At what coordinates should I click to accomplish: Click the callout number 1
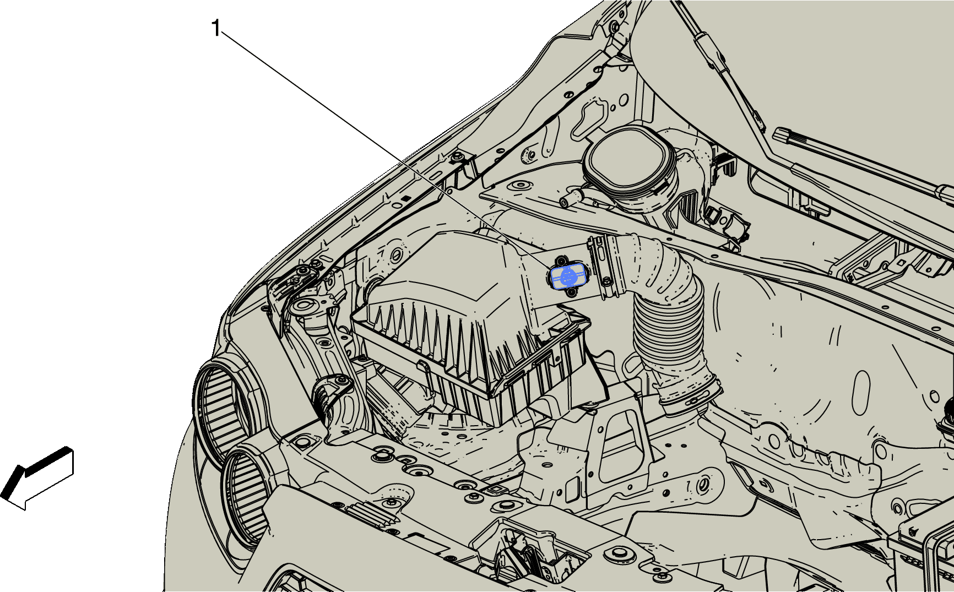coord(216,29)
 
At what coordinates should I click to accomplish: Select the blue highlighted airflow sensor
coord(567,276)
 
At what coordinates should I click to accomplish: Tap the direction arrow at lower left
coord(37,478)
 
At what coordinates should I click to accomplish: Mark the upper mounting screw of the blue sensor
coord(561,260)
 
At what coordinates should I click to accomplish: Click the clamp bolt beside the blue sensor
coord(607,281)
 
